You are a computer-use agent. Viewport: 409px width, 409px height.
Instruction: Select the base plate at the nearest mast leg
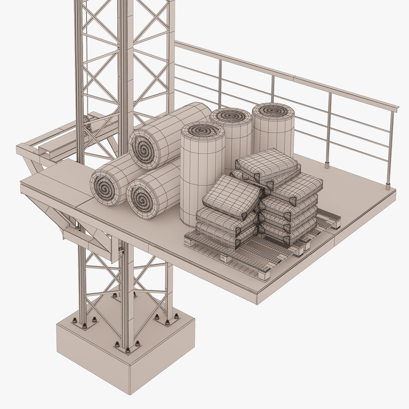pyautogui.click(x=127, y=347)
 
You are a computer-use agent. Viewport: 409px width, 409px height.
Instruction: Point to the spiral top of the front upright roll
pyautogui.click(x=203, y=130)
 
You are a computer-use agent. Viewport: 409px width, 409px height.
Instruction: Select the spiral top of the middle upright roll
pyautogui.click(x=231, y=115)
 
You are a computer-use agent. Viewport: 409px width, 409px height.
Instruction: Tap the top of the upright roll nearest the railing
pyautogui.click(x=273, y=110)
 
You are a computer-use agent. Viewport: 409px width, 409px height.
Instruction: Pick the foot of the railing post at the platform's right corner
pyautogui.click(x=388, y=186)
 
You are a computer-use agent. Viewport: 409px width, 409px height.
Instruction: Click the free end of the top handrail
pyautogui.click(x=397, y=108)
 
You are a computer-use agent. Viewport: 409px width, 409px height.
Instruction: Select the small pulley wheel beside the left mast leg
pyautogui.click(x=87, y=123)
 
